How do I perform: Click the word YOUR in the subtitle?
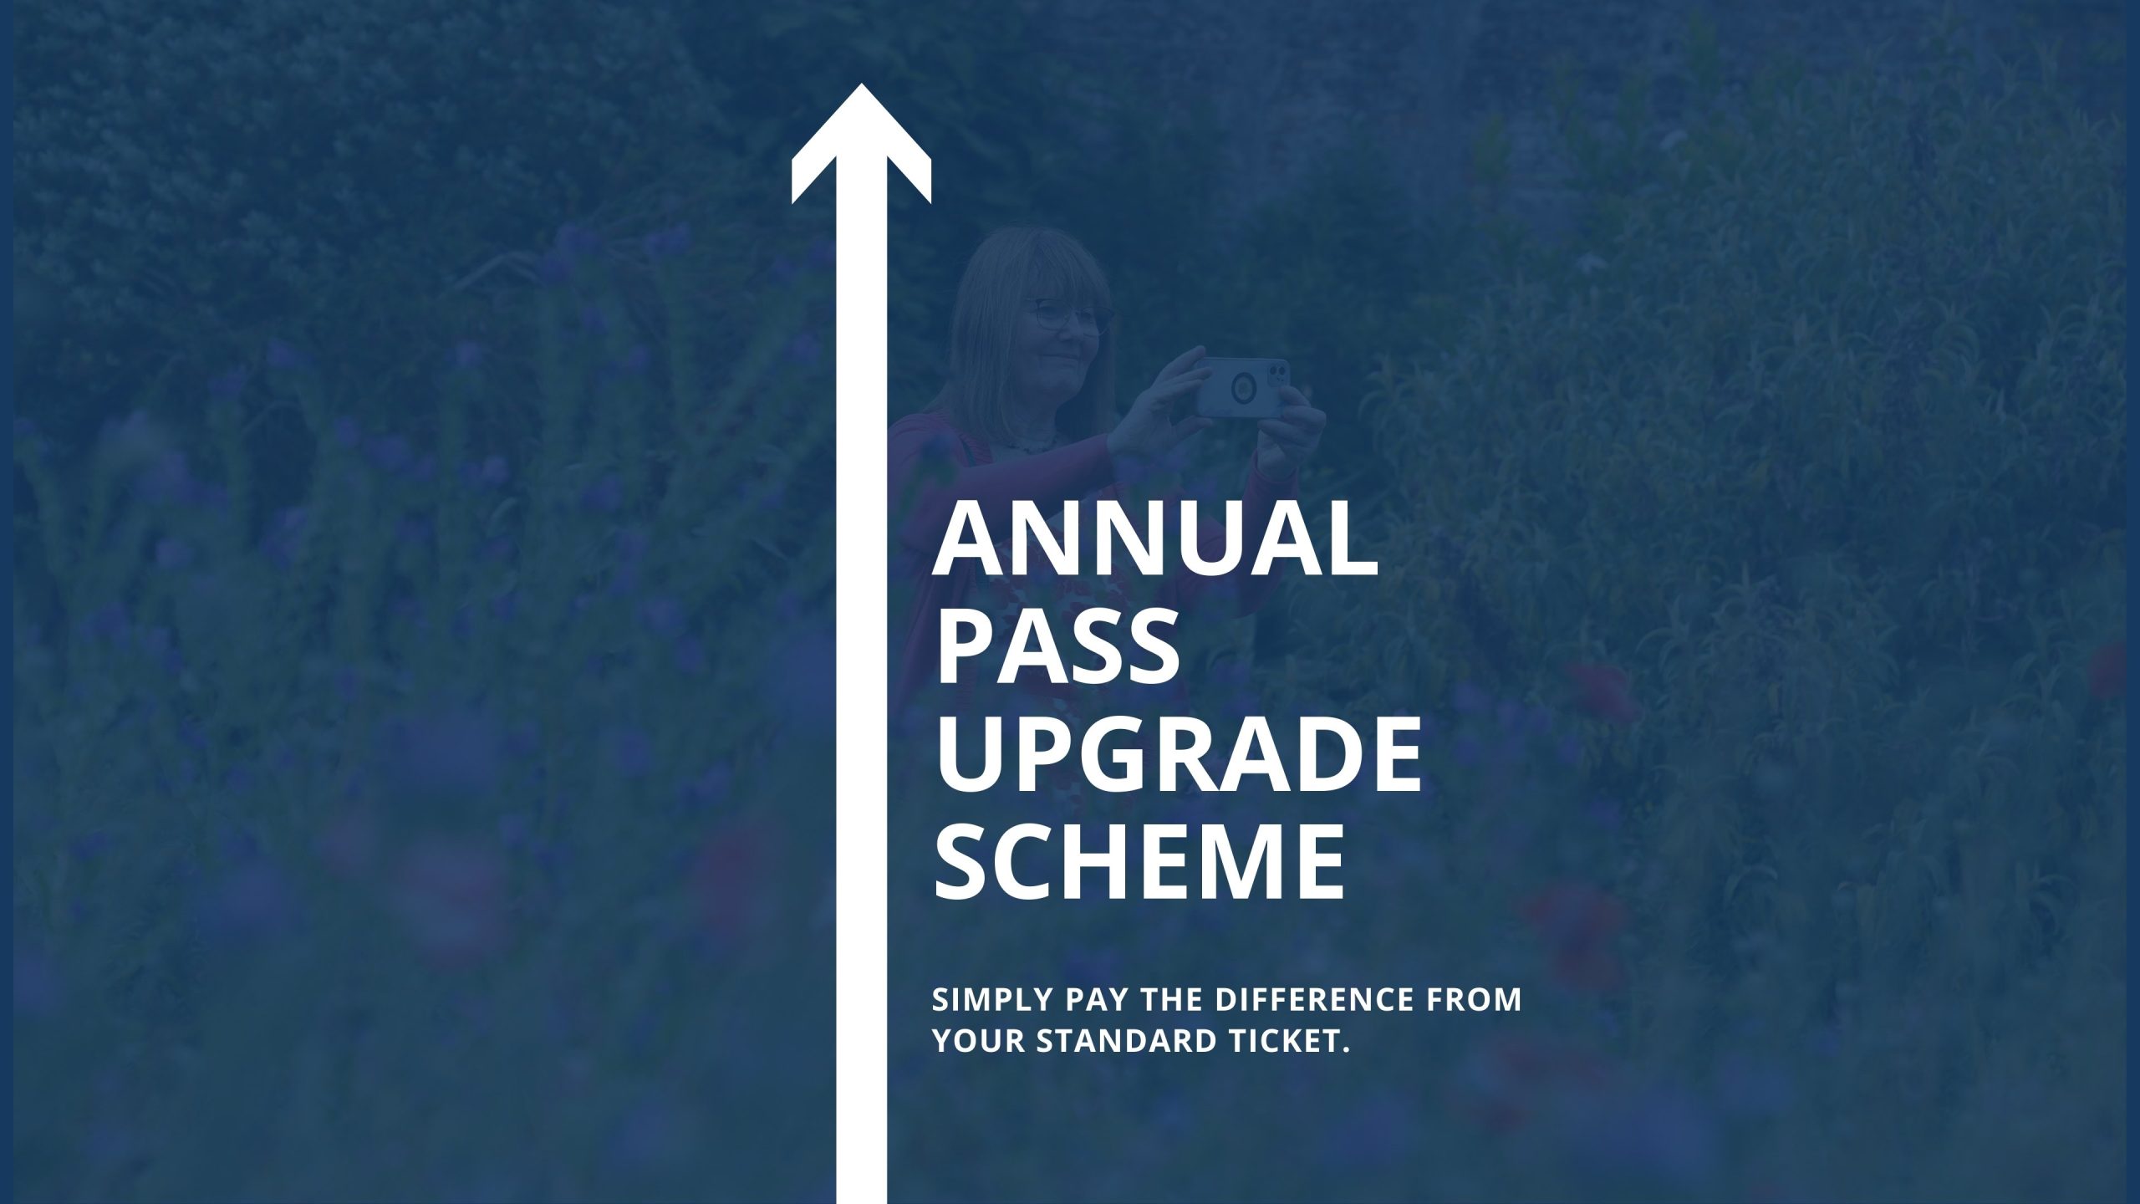(x=979, y=1042)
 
